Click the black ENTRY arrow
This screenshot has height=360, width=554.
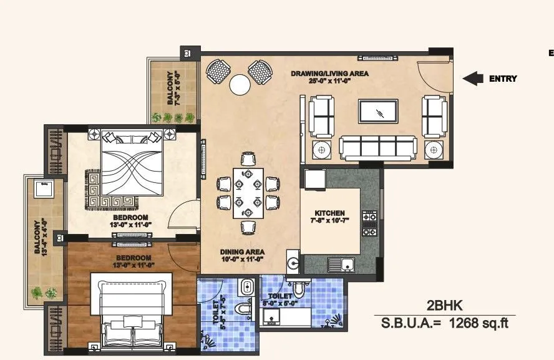tap(474, 78)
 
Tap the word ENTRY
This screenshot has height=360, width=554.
tap(502, 79)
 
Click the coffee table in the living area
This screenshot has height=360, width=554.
tap(377, 112)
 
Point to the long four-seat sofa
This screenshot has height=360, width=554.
tap(378, 148)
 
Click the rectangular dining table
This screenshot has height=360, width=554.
tap(248, 193)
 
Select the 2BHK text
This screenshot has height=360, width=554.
tap(445, 306)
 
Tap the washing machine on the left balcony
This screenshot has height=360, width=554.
tap(44, 187)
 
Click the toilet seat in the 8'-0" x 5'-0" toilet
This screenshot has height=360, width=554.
tap(301, 289)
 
